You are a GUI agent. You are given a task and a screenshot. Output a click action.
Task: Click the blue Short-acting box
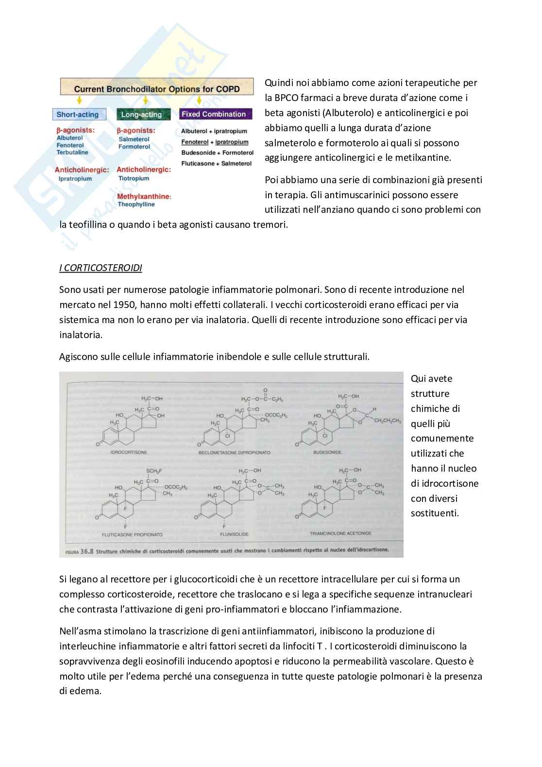[78, 115]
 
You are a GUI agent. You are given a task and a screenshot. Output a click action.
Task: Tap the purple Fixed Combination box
[214, 114]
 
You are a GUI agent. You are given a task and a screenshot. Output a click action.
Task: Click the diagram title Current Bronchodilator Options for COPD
[156, 89]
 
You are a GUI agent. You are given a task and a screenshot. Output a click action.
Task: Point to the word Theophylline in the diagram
[136, 205]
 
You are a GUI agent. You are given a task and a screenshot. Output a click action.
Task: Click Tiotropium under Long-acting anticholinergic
[134, 178]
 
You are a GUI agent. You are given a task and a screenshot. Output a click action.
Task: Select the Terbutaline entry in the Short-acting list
[72, 152]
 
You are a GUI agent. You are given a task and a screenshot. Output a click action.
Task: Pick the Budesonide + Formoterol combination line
[217, 153]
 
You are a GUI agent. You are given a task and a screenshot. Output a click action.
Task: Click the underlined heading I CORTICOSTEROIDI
[101, 268]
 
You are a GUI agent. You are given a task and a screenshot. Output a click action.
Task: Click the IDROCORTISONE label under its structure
[129, 452]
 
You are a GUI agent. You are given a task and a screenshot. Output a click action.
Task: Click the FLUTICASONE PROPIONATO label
[132, 534]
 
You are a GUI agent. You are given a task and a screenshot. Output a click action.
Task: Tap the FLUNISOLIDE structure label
[235, 534]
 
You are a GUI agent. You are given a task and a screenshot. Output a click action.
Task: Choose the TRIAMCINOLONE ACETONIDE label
[340, 533]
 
